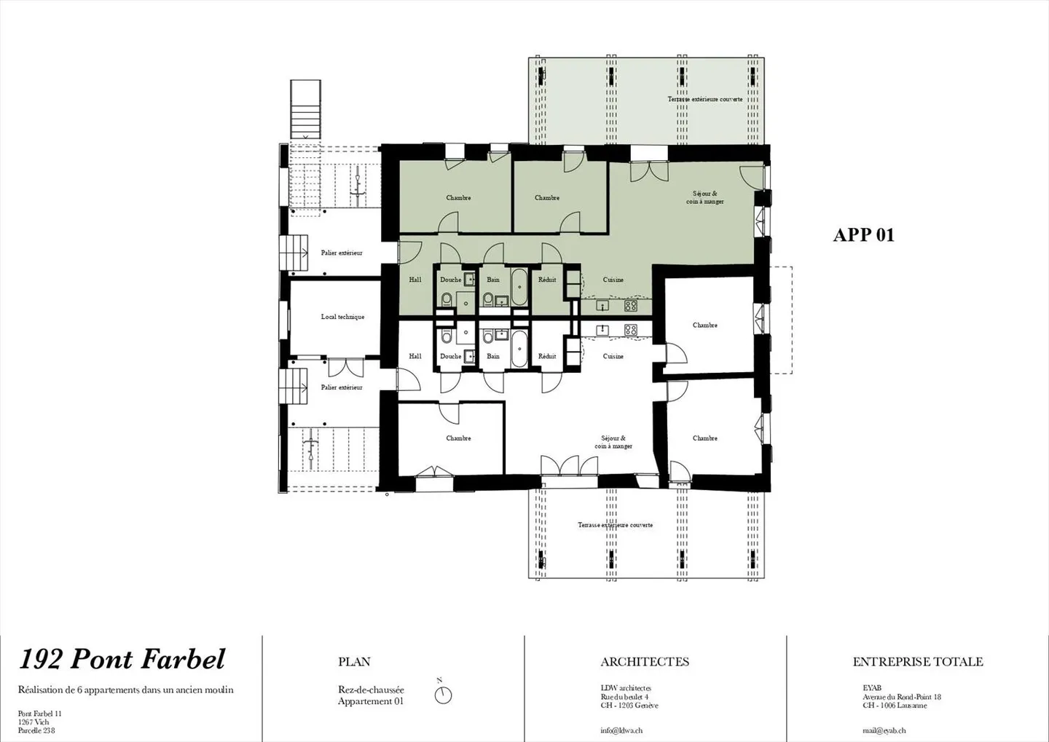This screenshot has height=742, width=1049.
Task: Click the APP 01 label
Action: (x=863, y=234)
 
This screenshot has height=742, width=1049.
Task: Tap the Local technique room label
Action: (x=342, y=317)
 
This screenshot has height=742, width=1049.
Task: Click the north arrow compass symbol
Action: (x=443, y=695)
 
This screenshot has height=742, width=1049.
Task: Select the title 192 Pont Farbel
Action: (x=122, y=659)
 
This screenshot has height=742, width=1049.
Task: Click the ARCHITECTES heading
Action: (x=644, y=662)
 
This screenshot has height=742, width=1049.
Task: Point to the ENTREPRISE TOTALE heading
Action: (x=917, y=662)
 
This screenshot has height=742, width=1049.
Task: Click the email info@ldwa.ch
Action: (x=621, y=730)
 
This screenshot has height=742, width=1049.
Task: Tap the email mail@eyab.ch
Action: (x=884, y=730)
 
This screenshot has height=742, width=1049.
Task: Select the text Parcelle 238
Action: (x=36, y=730)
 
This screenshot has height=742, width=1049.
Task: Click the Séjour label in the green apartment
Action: (x=704, y=197)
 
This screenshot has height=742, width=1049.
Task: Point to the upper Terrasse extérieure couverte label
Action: (x=704, y=99)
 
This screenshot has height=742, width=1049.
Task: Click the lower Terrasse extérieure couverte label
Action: (x=615, y=525)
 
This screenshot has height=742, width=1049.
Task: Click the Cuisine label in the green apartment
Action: (x=613, y=280)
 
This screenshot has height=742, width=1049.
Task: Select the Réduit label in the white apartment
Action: (x=546, y=356)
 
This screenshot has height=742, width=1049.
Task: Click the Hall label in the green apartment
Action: (x=415, y=280)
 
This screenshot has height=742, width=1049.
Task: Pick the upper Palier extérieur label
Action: (x=342, y=253)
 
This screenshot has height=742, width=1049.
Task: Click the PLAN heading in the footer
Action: (x=354, y=662)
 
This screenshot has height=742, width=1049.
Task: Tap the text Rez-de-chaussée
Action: (x=371, y=690)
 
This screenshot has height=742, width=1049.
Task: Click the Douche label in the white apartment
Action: (x=450, y=356)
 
